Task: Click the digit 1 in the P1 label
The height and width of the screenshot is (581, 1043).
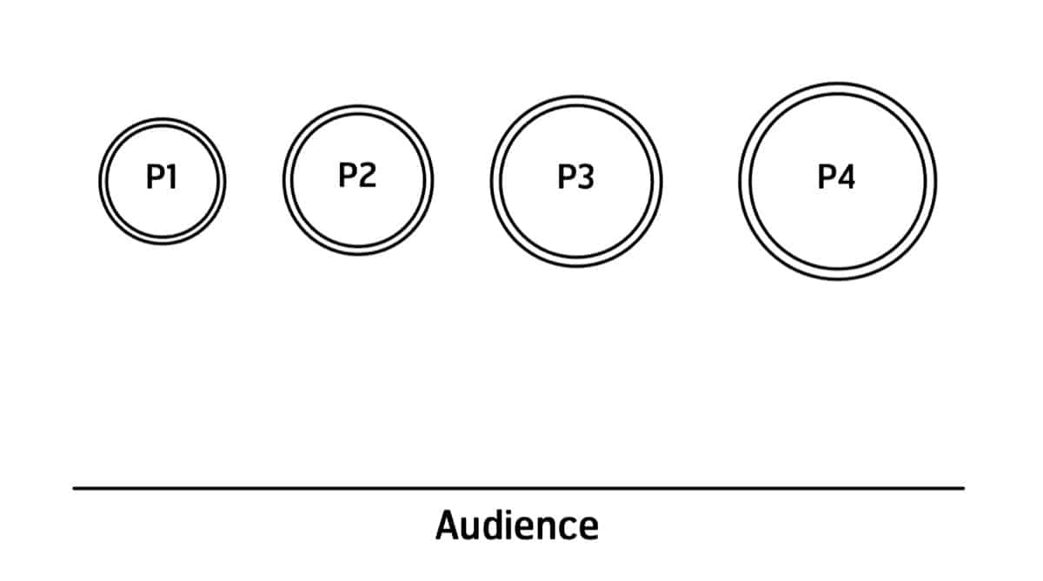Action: coord(171,177)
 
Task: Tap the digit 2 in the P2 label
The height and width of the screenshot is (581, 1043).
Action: coord(368,175)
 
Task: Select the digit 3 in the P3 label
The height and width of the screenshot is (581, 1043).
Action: coord(586,177)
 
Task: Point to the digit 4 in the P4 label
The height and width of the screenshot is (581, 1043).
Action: coord(847,177)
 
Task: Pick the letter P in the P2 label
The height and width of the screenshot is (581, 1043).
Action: coord(348,175)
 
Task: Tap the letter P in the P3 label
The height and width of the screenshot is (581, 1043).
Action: coord(566,177)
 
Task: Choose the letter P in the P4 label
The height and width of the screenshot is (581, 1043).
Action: coord(827,177)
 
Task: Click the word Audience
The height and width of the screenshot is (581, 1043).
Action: coord(517,525)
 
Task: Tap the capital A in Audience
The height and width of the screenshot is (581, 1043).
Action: coord(448,525)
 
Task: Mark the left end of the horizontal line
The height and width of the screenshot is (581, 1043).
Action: coord(75,488)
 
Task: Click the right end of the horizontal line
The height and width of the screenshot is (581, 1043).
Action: coord(962,488)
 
